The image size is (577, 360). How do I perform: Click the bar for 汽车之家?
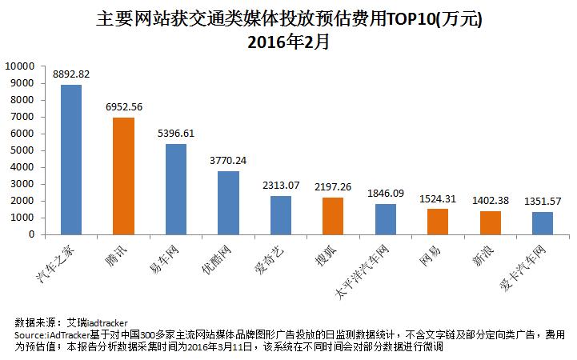[71, 159]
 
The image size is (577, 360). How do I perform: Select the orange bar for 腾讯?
[123, 176]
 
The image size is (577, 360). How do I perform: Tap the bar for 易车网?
[175, 189]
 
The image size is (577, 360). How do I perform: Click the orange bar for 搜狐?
[333, 216]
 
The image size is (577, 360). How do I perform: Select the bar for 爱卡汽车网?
[542, 223]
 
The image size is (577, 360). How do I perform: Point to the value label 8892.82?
[71, 74]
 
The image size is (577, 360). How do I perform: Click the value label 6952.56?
[123, 106]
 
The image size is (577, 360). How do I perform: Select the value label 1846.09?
[385, 193]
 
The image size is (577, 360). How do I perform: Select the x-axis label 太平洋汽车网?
[365, 268]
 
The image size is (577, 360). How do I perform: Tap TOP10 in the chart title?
[408, 17]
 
